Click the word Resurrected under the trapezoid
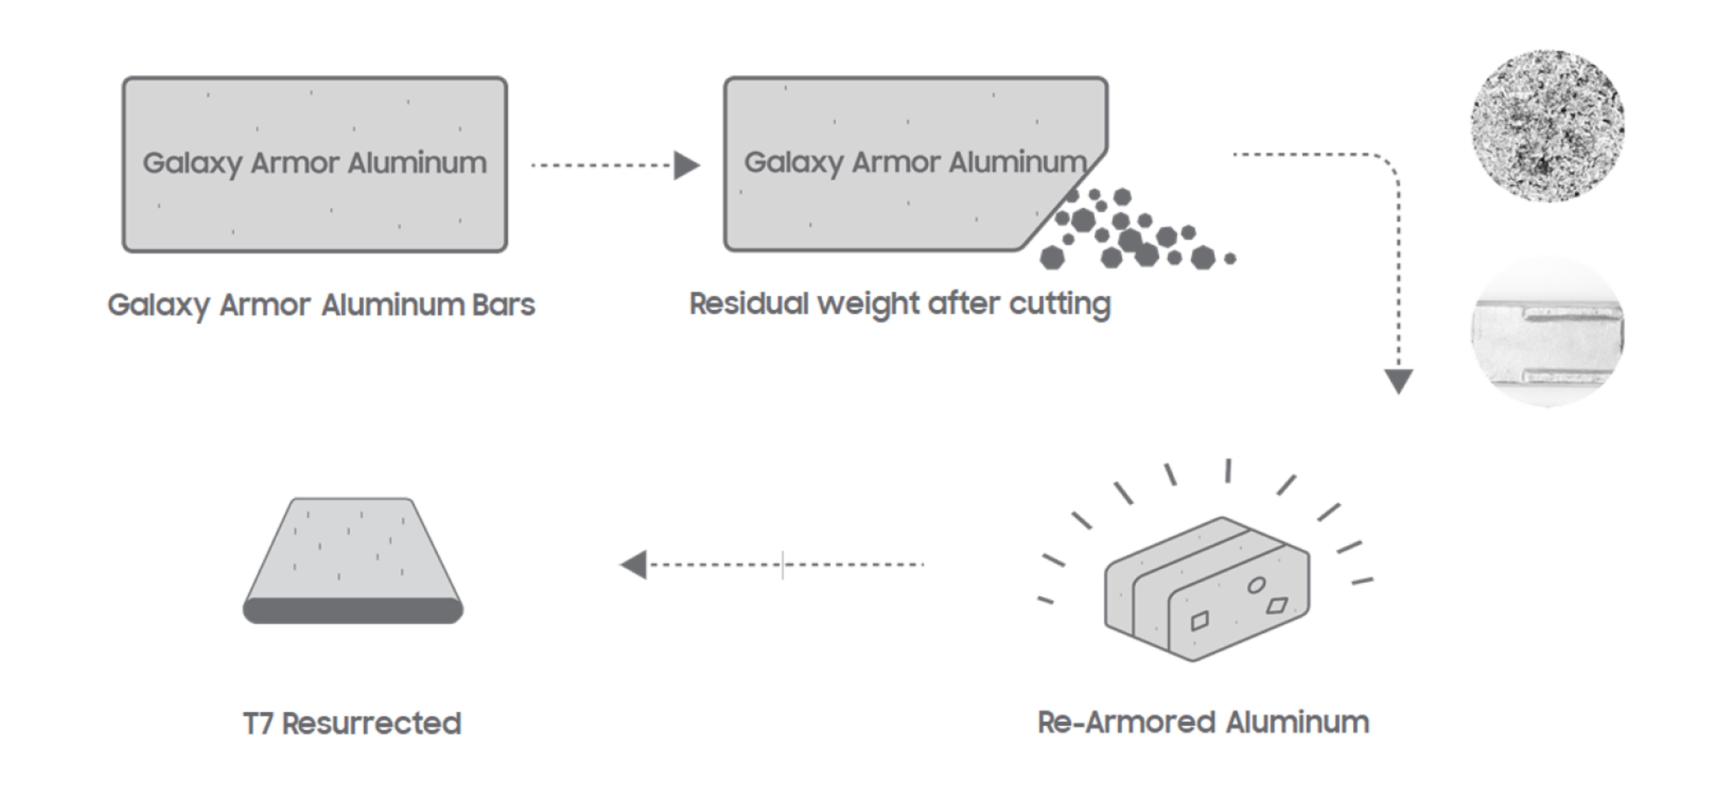[x=372, y=723]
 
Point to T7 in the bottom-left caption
[x=258, y=723]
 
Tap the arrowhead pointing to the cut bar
[x=686, y=165]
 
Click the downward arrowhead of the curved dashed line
[x=1399, y=381]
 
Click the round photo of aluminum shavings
[x=1548, y=125]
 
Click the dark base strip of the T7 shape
[x=353, y=611]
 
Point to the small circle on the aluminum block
[x=1256, y=585]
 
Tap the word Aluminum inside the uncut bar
[x=417, y=163]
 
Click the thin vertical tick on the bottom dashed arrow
[x=782, y=565]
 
